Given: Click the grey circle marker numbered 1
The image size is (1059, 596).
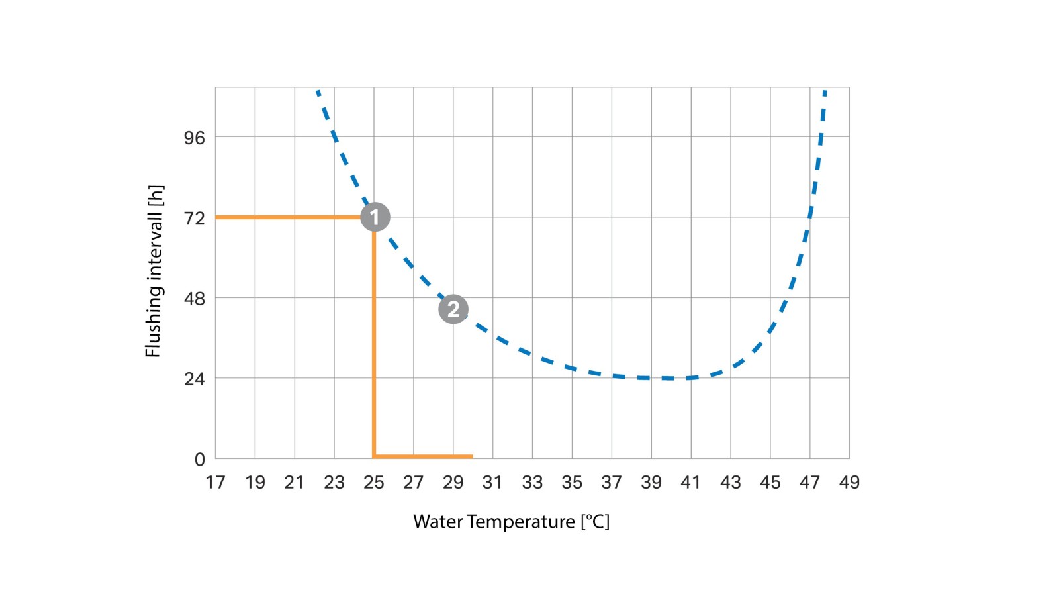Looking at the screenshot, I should click(375, 217).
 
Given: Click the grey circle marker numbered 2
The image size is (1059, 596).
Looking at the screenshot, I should click(453, 309).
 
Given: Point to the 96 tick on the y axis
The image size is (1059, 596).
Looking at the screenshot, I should click(195, 138).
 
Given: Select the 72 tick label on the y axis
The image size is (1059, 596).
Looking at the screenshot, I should click(195, 219).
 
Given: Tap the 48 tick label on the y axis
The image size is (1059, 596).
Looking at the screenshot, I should click(195, 299).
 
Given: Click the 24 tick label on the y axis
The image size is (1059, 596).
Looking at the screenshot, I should click(195, 379).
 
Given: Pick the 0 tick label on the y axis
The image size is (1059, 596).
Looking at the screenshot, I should click(200, 460).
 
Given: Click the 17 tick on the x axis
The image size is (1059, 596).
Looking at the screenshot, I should click(215, 483).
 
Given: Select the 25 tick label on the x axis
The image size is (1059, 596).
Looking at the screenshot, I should click(374, 483).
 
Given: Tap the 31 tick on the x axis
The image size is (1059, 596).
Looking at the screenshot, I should click(492, 483).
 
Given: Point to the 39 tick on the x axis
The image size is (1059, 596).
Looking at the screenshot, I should click(651, 483).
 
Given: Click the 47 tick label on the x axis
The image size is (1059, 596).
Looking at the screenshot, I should click(809, 483).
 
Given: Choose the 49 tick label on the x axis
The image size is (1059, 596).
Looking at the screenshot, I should click(849, 483).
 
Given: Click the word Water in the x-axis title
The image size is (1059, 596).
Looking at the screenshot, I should click(438, 522).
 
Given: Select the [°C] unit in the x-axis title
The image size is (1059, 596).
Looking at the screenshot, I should click(595, 522).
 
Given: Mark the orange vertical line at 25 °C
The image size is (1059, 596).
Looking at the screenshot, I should click(374, 344).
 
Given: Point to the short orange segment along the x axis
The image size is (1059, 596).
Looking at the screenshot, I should click(424, 456).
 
